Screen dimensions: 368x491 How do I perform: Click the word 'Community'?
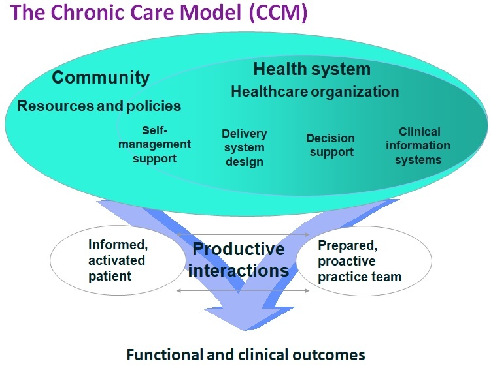[x=101, y=78]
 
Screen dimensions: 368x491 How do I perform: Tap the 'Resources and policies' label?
[x=99, y=105]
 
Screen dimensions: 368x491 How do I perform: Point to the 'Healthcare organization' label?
[x=314, y=91]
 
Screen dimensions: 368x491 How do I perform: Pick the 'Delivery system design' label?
[x=245, y=147]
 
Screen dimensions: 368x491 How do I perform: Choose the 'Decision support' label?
[x=330, y=145]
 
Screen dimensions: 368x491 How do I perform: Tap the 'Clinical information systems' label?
[x=419, y=145]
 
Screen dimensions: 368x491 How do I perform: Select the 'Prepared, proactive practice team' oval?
[x=364, y=260]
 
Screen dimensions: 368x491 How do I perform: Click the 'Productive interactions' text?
[x=239, y=259]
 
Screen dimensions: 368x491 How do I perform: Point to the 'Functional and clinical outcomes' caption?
[x=245, y=355]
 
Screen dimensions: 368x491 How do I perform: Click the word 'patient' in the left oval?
[x=110, y=275]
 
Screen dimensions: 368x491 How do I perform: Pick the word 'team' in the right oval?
[x=386, y=277]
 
